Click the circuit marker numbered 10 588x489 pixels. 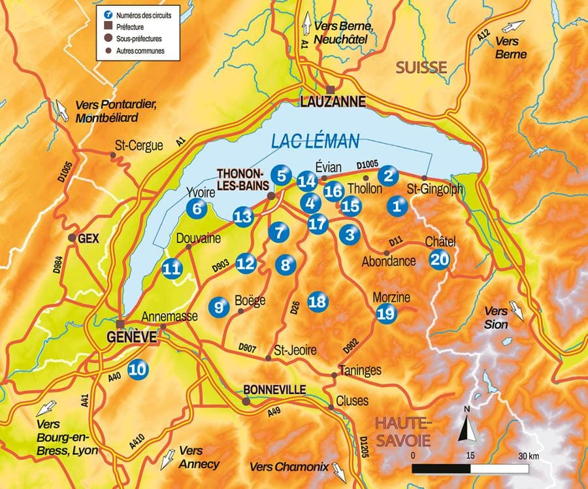tap(138, 369)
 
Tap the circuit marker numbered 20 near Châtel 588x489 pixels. tap(440, 260)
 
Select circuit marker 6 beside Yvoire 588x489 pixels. tap(196, 209)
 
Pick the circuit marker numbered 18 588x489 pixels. tap(318, 301)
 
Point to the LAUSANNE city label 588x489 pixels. tap(332, 102)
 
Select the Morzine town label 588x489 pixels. tap(391, 298)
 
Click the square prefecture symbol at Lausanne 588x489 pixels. tap(332, 89)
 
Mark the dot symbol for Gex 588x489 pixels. tap(73, 238)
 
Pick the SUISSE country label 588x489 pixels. tap(421, 67)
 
